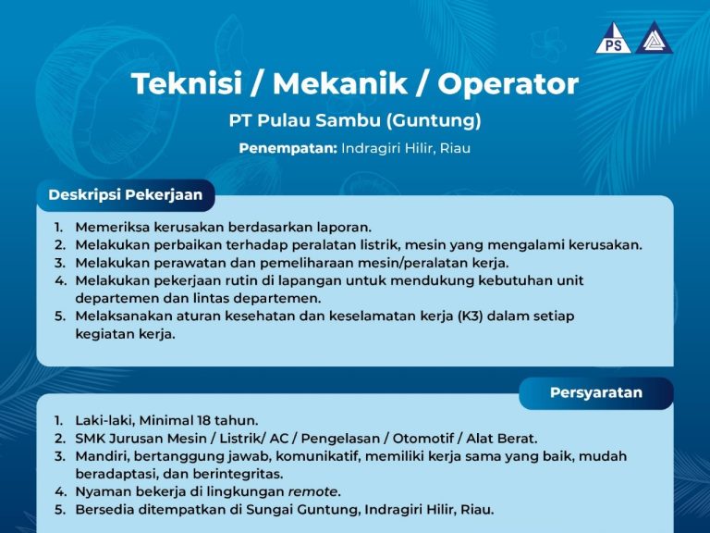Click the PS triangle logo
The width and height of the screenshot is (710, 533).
click(613, 40)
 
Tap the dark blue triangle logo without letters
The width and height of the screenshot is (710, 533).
click(654, 38)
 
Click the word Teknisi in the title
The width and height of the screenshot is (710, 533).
click(187, 84)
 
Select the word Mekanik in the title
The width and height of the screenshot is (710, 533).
click(340, 84)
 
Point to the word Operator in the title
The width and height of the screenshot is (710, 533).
click(508, 85)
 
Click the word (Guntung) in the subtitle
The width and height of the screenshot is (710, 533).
click(433, 120)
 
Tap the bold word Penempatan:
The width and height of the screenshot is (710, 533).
click(288, 149)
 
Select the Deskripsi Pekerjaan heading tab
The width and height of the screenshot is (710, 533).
click(126, 195)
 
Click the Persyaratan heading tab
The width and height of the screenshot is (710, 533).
click(596, 392)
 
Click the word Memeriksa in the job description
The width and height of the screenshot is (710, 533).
click(112, 227)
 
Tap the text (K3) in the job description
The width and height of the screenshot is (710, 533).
click(470, 316)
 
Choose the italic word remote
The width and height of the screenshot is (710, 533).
click(312, 491)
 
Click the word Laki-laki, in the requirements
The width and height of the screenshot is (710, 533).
click(105, 421)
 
